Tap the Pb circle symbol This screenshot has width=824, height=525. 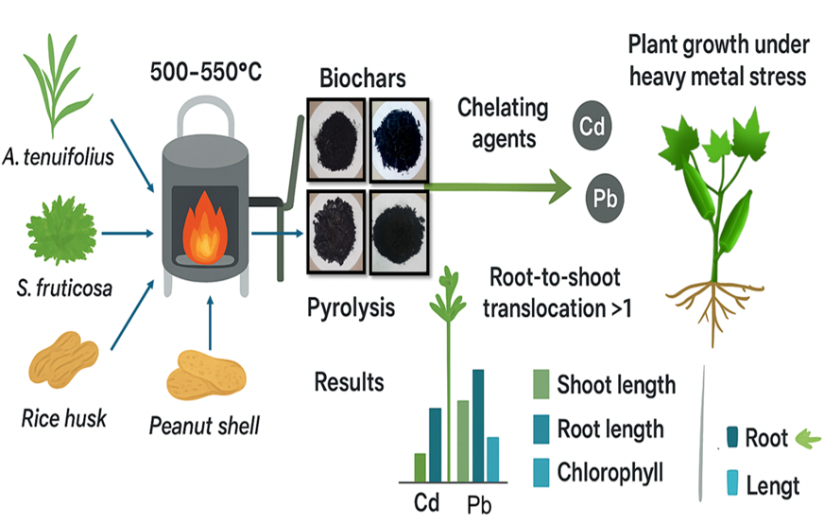(604, 199)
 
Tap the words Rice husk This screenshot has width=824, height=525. (61, 416)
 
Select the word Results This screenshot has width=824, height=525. (350, 382)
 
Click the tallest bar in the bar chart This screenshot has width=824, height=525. (477, 425)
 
